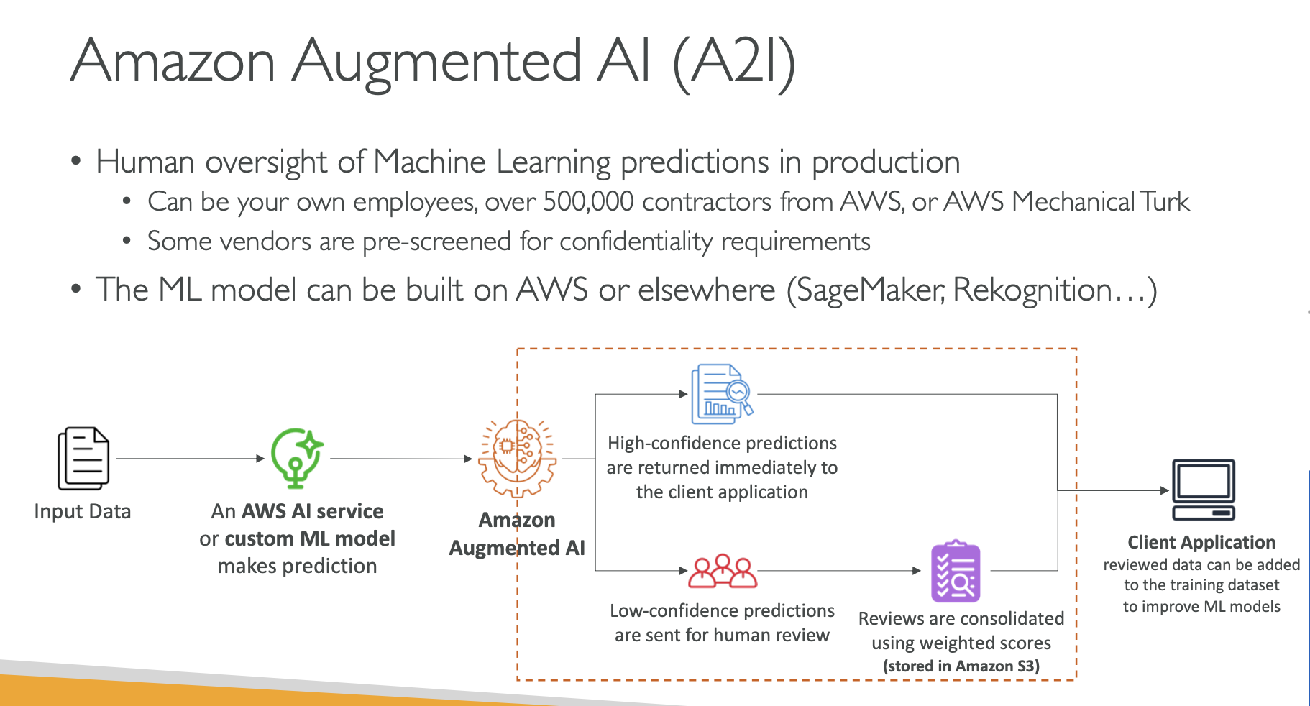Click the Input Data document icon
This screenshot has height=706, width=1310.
[x=83, y=459]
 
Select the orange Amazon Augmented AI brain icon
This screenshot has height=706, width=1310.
[x=517, y=459]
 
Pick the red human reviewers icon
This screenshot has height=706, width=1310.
[x=722, y=571]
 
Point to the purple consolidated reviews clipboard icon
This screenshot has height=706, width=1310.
[x=956, y=572]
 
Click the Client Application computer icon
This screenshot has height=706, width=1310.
[x=1203, y=490]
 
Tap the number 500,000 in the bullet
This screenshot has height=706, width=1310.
[x=588, y=202]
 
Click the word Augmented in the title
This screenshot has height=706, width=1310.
[x=437, y=62]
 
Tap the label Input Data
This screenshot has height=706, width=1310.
[x=83, y=512]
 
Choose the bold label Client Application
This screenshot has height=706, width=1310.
[x=1201, y=542]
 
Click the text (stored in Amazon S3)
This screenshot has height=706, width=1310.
[x=961, y=666]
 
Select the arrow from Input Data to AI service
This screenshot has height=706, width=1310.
[x=190, y=459]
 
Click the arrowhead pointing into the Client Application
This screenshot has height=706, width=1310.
[x=1165, y=490]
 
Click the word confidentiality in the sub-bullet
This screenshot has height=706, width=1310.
[x=636, y=242]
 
